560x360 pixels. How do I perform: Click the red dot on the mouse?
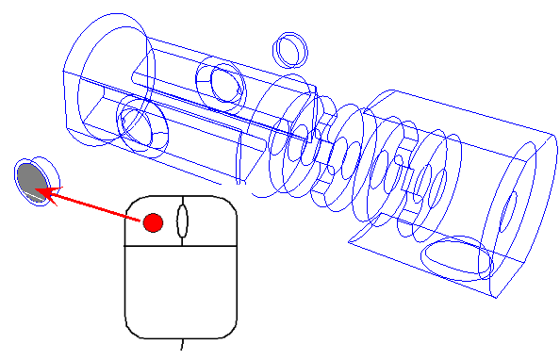click(x=153, y=222)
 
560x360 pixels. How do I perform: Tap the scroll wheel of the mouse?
click(x=182, y=220)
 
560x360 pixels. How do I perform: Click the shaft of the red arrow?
click(x=94, y=206)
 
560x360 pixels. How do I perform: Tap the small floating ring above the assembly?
click(x=290, y=48)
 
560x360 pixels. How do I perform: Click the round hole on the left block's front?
click(x=141, y=124)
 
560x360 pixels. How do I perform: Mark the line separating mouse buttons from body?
click(x=180, y=245)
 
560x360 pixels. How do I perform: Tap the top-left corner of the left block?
click(x=63, y=72)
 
